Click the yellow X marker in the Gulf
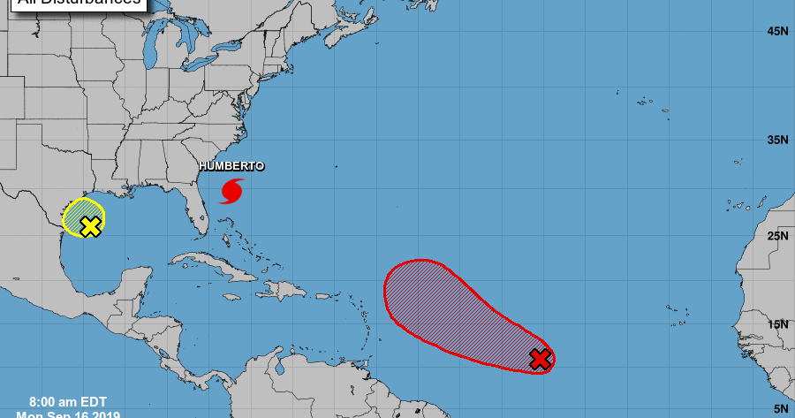(89, 226)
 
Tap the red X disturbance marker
(541, 358)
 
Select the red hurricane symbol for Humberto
(232, 190)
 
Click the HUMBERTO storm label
(231, 166)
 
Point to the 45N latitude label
(777, 32)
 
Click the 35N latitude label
(777, 140)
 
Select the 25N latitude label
(777, 235)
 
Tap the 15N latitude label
(777, 324)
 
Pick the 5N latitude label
(781, 408)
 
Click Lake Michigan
(178, 71)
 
